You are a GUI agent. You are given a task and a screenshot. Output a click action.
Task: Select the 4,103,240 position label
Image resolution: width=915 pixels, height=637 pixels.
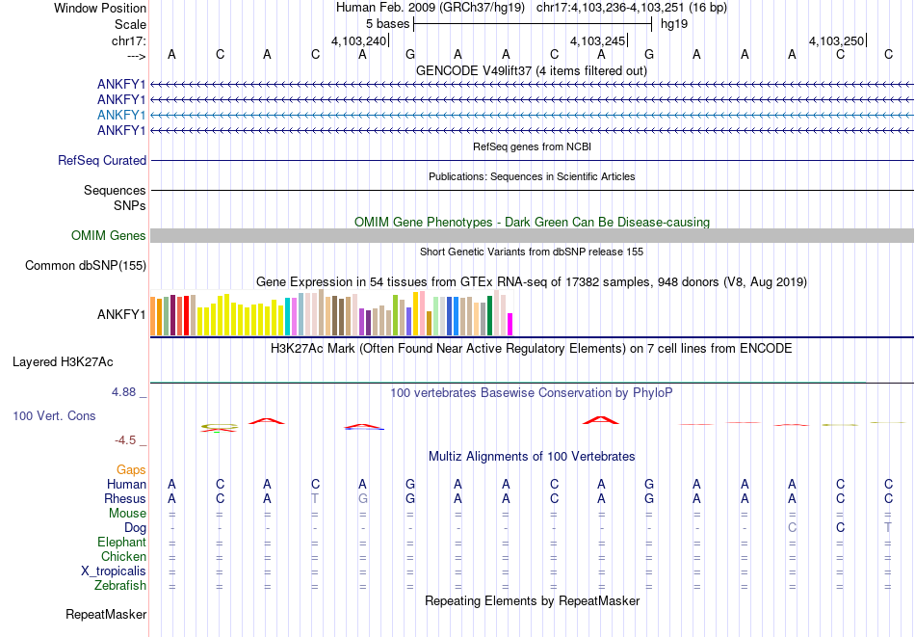click(x=358, y=40)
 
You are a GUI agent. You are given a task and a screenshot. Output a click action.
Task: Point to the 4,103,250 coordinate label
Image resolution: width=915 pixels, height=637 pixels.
click(x=836, y=40)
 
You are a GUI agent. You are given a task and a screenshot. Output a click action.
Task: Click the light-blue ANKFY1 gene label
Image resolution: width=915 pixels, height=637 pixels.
click(x=121, y=115)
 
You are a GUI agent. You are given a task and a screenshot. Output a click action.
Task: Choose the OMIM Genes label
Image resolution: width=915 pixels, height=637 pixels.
click(x=109, y=236)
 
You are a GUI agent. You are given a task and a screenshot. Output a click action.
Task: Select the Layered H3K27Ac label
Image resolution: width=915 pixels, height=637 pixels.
click(x=63, y=362)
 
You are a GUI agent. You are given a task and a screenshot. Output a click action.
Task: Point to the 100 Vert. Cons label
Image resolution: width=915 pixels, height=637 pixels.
click(x=54, y=415)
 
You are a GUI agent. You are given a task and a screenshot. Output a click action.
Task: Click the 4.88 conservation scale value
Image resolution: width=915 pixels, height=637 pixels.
click(x=124, y=392)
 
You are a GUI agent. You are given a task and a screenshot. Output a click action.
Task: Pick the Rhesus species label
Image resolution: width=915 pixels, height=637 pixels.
click(x=125, y=499)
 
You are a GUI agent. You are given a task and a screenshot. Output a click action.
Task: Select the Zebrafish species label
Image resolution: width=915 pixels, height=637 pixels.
click(x=120, y=585)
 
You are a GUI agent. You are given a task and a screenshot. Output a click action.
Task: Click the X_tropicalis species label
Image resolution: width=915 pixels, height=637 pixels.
click(x=114, y=571)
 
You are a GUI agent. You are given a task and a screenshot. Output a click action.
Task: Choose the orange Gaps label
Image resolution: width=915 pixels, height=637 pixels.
click(x=132, y=469)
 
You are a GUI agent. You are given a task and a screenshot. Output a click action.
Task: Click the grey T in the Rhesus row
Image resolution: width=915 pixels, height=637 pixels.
click(x=315, y=499)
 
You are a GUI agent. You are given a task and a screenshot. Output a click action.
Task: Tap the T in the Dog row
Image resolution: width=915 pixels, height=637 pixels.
click(x=888, y=528)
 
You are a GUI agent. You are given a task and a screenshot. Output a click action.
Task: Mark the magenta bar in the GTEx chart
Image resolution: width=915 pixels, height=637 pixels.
click(x=510, y=324)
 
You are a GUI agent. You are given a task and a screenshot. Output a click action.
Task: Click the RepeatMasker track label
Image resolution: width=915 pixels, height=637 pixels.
click(x=106, y=614)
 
